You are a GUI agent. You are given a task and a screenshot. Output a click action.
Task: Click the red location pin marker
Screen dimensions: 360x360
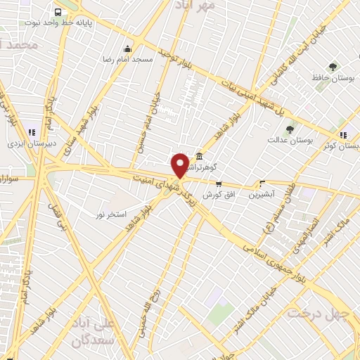(181, 165)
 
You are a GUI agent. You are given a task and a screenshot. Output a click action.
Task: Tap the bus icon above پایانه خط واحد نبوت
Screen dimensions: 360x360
(57, 12)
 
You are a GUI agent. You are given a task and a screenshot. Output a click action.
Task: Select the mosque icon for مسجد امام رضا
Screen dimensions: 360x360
(127, 49)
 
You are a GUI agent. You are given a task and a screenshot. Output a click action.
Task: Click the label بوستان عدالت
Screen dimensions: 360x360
(289, 140)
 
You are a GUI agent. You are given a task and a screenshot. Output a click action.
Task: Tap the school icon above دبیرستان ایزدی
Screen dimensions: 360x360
(31, 131)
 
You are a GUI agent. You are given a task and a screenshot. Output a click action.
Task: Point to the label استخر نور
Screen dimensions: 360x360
(110, 212)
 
